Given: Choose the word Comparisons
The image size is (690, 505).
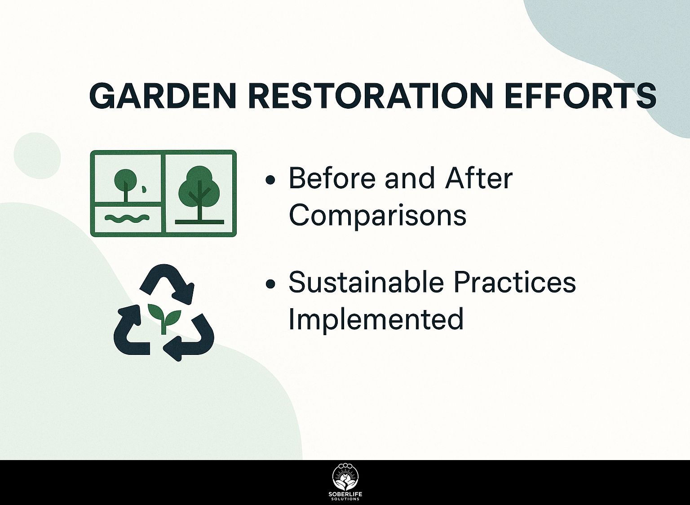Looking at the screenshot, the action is click(x=377, y=215).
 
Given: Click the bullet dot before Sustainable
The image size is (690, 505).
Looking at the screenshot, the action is click(x=270, y=284).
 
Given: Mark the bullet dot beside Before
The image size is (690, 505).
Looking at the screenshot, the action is click(x=270, y=180).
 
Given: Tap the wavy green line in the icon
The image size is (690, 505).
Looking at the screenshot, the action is click(x=127, y=218).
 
